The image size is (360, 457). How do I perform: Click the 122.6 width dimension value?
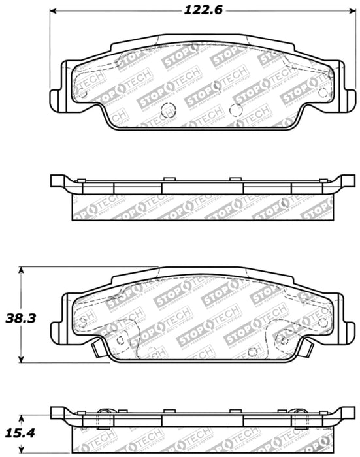click(x=197, y=10)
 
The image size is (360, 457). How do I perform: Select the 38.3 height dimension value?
click(x=21, y=318)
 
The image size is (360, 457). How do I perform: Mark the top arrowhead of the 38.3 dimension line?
click(x=22, y=270)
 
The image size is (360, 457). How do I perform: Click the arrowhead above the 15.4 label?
click(x=22, y=417)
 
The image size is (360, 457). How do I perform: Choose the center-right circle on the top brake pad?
click(x=237, y=110)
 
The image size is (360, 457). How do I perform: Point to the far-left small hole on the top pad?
click(x=82, y=92)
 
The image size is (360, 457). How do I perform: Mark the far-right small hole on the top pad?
click(x=322, y=92)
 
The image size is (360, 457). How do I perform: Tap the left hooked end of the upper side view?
click(x=57, y=180)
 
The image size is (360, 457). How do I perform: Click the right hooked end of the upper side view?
click(x=340, y=180)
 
